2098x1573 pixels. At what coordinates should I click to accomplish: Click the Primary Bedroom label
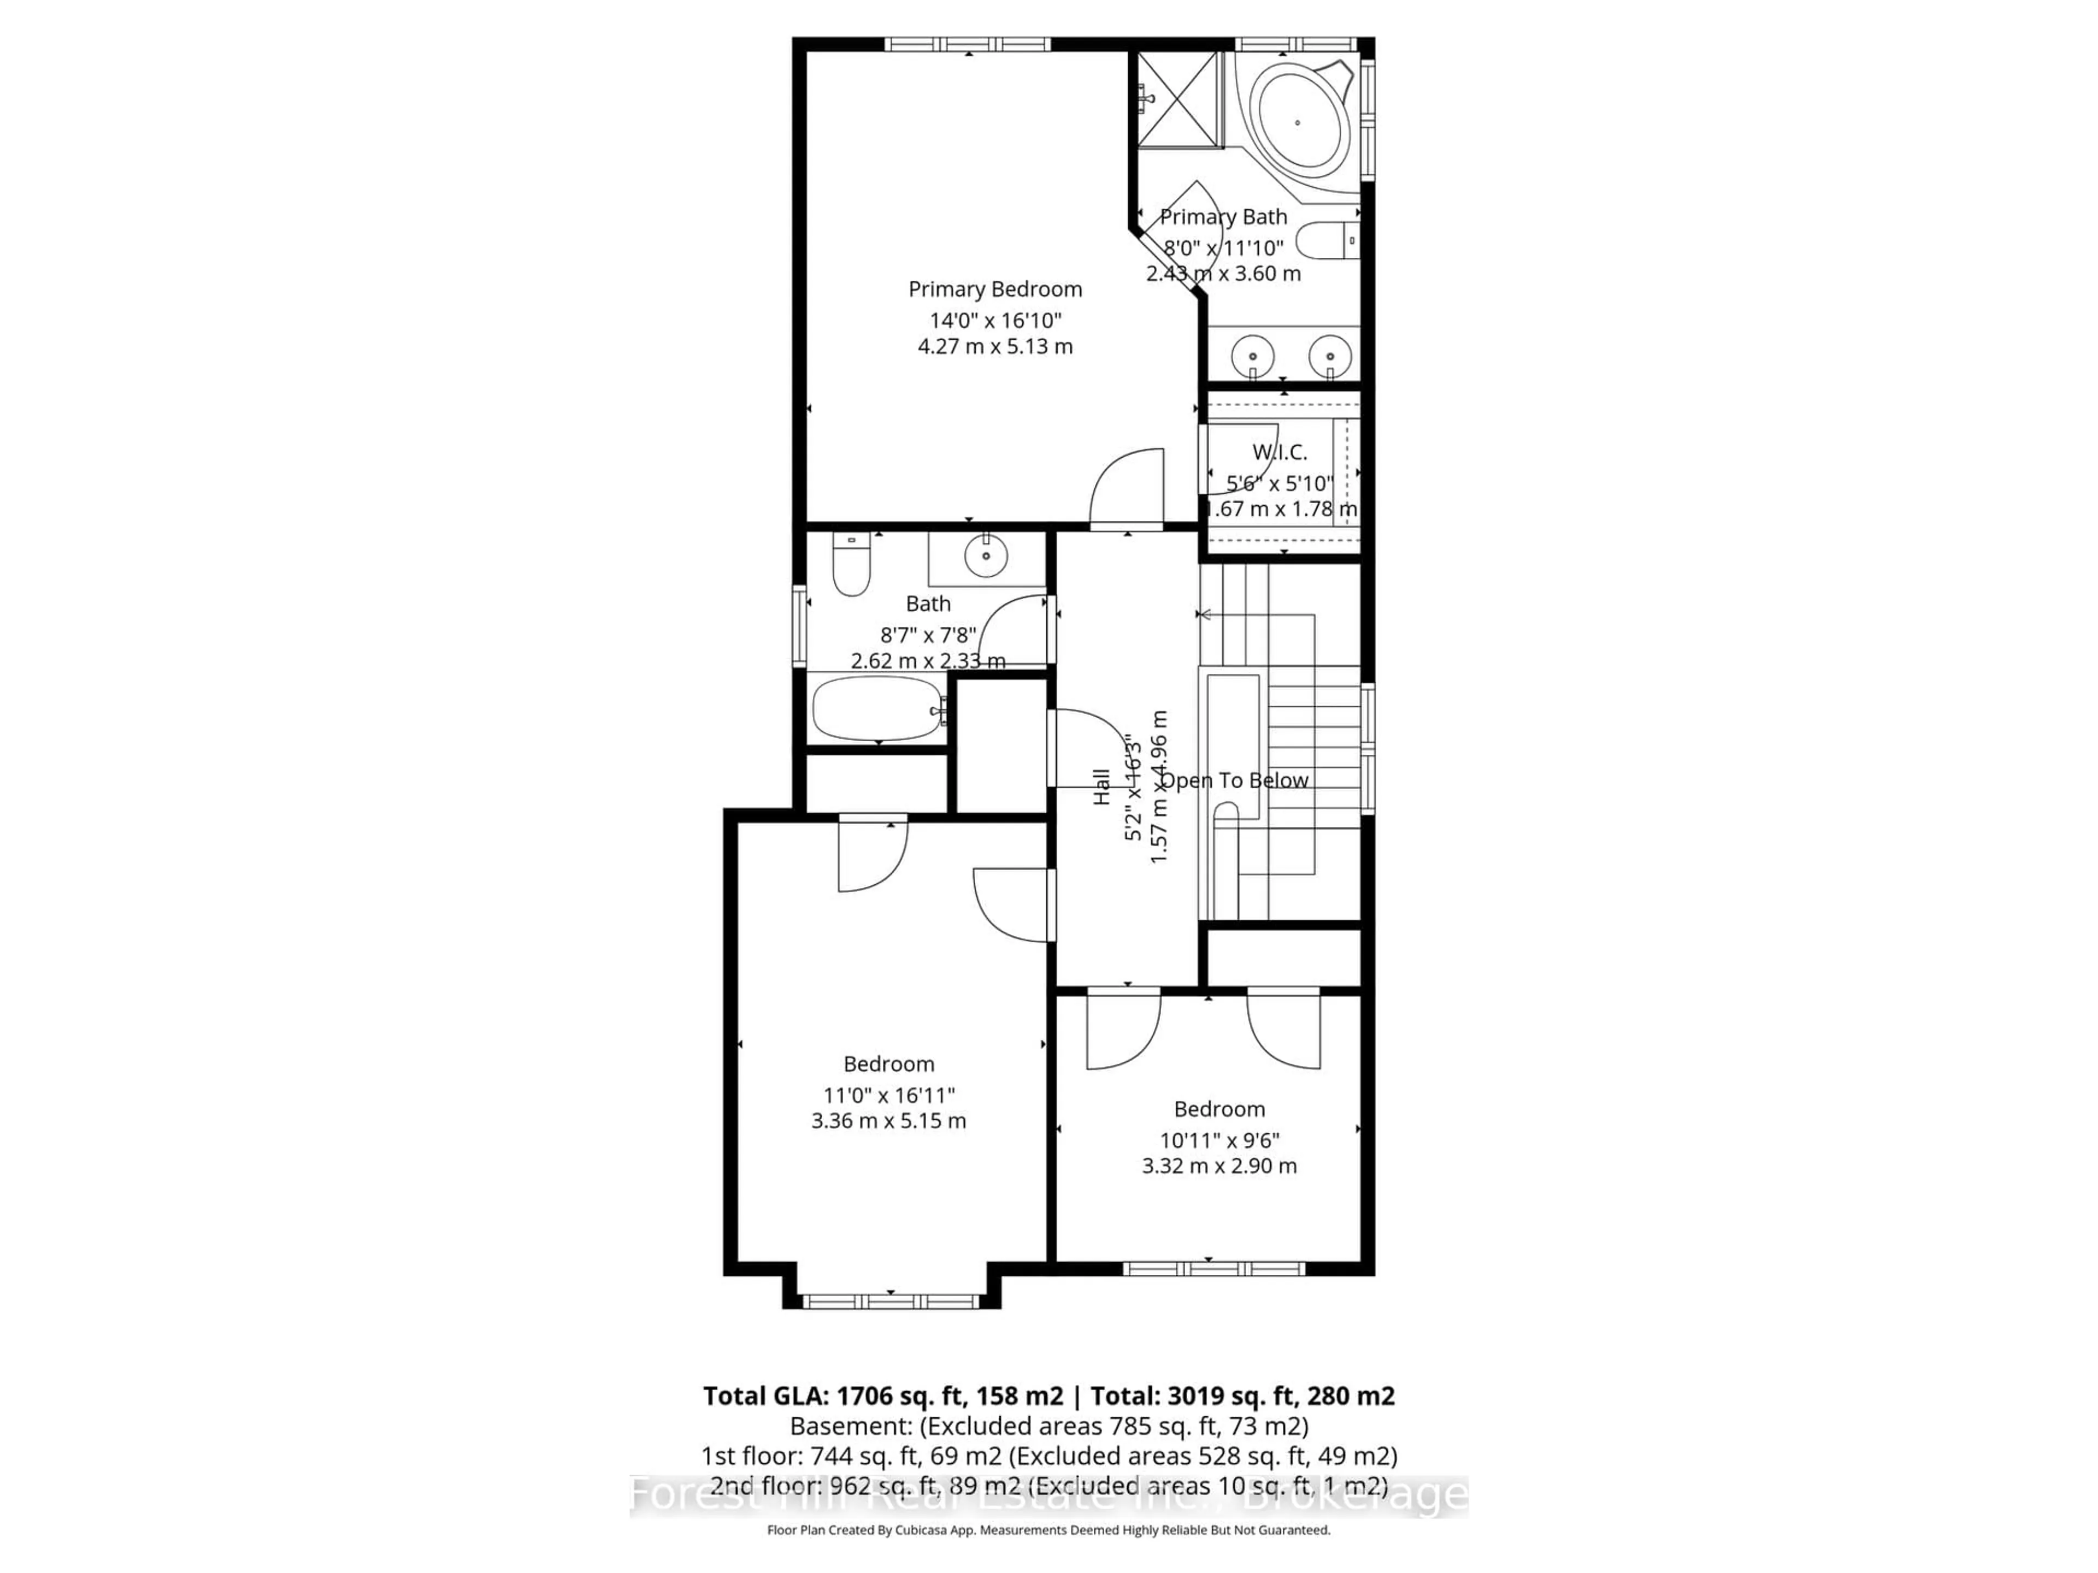995,289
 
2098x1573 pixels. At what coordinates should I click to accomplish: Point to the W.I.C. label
1280,452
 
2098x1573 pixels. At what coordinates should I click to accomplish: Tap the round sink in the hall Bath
986,555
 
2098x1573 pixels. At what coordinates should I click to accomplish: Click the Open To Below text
1235,780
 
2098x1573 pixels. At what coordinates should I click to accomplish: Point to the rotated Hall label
1101,787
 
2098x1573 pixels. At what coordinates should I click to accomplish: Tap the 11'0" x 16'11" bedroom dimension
889,1095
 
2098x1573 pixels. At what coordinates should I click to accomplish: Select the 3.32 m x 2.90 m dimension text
1219,1166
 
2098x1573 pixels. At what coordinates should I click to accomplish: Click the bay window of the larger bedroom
891,1301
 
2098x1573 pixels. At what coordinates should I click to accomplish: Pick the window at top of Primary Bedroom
968,45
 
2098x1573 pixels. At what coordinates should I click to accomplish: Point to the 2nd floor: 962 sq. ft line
1048,1485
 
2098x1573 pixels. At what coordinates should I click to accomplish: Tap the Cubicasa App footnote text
1048,1529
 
